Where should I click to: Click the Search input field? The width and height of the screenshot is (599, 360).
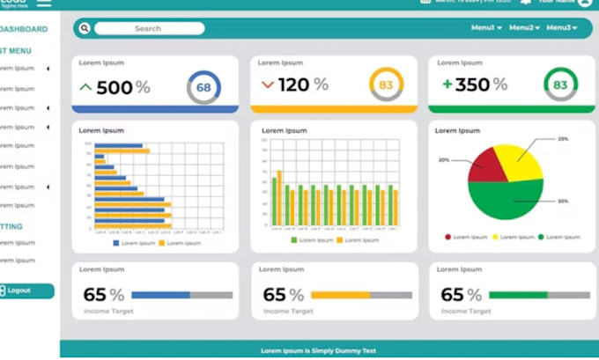pos(149,28)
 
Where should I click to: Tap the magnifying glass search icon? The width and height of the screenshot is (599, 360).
pos(85,28)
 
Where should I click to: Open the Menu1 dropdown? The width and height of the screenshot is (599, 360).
pos(486,28)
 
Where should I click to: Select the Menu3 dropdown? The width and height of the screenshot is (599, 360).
pos(561,28)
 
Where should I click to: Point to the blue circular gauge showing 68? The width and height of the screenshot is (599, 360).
pos(203,86)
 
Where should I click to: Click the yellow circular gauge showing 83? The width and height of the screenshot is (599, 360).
pos(386,85)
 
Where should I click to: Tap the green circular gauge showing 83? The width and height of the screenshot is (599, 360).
pos(560,85)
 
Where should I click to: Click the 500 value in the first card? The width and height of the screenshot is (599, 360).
pos(115,87)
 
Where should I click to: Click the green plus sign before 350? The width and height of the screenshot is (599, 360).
pos(447,84)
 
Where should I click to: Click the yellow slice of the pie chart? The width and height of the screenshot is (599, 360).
pos(518,158)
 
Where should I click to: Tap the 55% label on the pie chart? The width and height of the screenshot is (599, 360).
pos(563,202)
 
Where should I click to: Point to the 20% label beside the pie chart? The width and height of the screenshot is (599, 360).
pos(444,160)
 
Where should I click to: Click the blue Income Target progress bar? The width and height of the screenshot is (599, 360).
pos(160,295)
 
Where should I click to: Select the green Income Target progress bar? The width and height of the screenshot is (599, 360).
pos(518,295)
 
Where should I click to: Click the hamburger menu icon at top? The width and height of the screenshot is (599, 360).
pos(43,3)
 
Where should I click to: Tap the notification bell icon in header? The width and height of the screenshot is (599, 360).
pos(526,3)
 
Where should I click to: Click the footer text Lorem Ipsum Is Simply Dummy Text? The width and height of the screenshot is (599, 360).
pos(318,350)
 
